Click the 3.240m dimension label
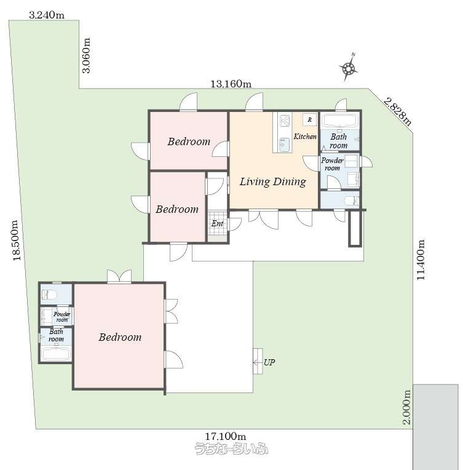[x=47, y=15]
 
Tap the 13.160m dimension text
[x=231, y=84]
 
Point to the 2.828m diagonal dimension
[x=398, y=111]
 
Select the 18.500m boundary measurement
[x=16, y=241]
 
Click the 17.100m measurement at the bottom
[x=226, y=436]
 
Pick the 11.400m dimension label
[x=421, y=260]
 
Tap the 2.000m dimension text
[x=406, y=407]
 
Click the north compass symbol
[x=348, y=68]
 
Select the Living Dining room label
[x=273, y=181]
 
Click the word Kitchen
[x=305, y=137]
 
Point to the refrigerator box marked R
[x=309, y=119]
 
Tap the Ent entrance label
[x=217, y=223]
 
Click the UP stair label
[x=269, y=362]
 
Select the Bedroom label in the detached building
[x=120, y=337]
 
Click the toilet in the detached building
[x=49, y=295]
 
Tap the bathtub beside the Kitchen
[x=340, y=121]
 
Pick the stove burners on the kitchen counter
[x=285, y=121]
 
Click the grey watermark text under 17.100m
[x=231, y=448]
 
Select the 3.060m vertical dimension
[x=86, y=55]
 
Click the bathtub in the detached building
[x=56, y=353]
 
